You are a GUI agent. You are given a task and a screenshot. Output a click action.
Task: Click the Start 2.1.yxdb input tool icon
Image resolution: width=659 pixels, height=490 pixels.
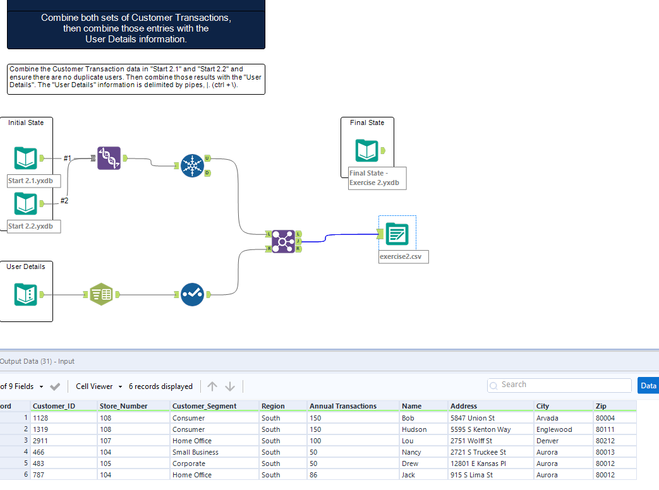tap(26, 158)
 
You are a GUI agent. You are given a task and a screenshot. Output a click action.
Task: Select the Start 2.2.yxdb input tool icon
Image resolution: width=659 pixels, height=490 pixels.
tap(26, 203)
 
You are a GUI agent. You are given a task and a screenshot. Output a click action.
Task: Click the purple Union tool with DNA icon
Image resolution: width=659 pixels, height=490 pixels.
tap(109, 158)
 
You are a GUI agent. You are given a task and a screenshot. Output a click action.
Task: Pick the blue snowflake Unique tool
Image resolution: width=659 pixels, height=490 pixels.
tap(191, 165)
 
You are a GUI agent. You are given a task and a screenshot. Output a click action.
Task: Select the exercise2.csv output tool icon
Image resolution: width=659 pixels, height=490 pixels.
tap(397, 235)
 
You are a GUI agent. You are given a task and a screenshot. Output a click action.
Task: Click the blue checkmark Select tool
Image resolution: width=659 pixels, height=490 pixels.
tap(192, 294)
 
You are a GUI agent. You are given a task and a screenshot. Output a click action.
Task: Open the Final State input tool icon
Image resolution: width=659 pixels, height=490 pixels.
tap(367, 151)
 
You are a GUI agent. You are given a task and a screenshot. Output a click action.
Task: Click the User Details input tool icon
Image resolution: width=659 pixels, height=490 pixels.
tap(26, 294)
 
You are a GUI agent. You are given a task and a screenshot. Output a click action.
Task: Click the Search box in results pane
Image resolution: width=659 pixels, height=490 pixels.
tap(559, 385)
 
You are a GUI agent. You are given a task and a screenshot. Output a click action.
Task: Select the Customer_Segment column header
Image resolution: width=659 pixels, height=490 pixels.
tap(204, 406)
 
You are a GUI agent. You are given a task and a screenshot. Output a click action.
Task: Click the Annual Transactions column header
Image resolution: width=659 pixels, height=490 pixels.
tap(343, 406)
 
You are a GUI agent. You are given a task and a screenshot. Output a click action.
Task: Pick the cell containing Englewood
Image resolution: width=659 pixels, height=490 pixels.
tap(554, 429)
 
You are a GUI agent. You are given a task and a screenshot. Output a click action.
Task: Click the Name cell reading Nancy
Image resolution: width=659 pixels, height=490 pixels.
tap(411, 452)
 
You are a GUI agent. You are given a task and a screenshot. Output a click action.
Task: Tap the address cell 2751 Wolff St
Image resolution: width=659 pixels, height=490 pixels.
tap(471, 441)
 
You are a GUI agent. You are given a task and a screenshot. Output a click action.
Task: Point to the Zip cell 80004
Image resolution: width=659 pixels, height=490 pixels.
tap(605, 418)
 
